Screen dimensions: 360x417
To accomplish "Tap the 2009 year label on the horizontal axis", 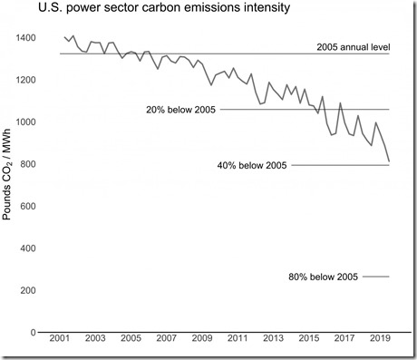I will (x=201, y=348).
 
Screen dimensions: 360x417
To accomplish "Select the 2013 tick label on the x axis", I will (x=271, y=348).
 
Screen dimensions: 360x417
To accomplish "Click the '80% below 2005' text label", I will (x=324, y=276).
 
